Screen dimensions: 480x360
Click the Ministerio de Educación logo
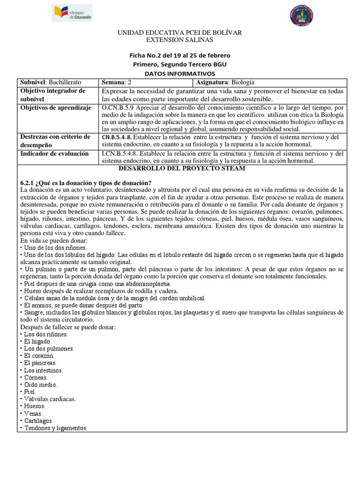[x=73, y=14]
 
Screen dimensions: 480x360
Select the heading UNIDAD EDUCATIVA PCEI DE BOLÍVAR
[x=180, y=32]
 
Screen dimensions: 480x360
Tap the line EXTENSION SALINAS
[x=180, y=39]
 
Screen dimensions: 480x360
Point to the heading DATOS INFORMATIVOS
[x=180, y=74]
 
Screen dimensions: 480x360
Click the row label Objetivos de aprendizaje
[x=55, y=108]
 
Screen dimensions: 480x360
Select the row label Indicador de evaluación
[x=54, y=153]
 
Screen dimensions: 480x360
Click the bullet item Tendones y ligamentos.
[x=55, y=428]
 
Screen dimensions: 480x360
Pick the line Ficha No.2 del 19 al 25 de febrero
[x=180, y=55]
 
